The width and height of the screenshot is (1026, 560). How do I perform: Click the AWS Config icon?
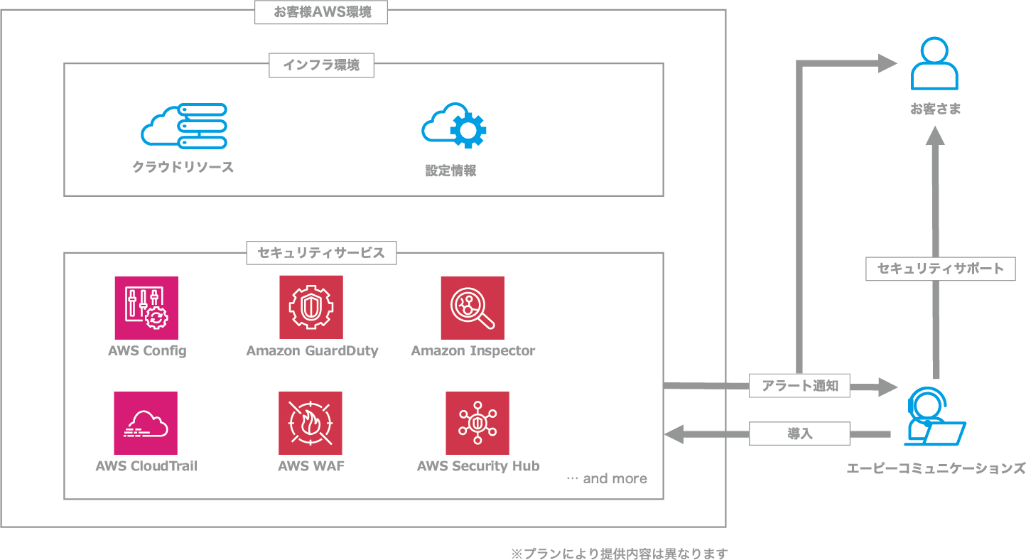(x=146, y=308)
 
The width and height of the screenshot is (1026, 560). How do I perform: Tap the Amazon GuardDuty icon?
(x=311, y=307)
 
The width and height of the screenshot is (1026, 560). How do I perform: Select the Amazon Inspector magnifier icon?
(x=472, y=308)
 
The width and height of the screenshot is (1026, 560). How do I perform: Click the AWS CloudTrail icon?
(x=146, y=423)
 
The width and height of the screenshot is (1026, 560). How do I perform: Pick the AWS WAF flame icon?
(x=310, y=423)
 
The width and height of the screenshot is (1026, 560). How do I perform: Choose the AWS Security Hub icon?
(x=477, y=423)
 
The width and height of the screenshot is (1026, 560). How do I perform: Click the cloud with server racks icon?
(x=184, y=126)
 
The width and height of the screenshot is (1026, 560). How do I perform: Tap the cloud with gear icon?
(x=454, y=125)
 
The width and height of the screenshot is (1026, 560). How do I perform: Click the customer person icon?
(x=934, y=64)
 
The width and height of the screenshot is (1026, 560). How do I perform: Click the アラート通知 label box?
(x=800, y=386)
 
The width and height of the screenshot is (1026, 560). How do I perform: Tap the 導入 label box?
(x=800, y=433)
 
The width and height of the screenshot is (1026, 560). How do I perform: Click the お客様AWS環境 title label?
(x=321, y=12)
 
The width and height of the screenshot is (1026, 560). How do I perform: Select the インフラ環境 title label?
(x=321, y=65)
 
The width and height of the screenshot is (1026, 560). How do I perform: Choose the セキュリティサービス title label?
(x=321, y=253)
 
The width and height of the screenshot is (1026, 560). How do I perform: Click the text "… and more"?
(x=607, y=478)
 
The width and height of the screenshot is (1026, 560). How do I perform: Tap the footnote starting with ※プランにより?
(x=619, y=554)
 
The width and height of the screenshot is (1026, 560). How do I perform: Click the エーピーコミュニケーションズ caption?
(x=936, y=468)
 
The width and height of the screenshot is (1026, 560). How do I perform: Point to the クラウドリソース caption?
(x=183, y=168)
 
